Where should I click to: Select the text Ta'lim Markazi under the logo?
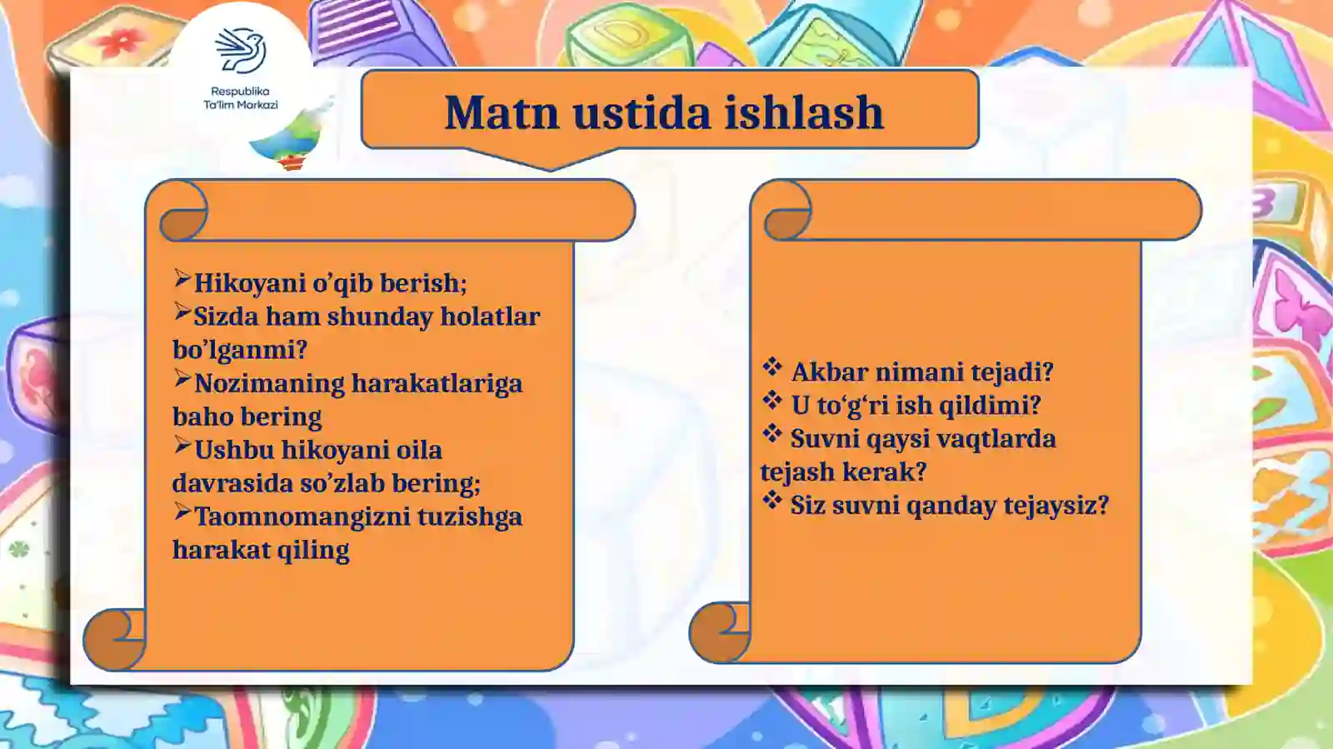(x=241, y=105)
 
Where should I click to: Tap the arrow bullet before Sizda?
(x=182, y=313)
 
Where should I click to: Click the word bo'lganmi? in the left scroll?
(x=240, y=350)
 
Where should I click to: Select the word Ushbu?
(x=234, y=450)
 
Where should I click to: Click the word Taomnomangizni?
(x=301, y=517)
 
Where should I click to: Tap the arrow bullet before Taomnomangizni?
(x=182, y=513)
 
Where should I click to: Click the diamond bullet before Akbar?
(x=772, y=367)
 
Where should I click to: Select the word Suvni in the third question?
(x=824, y=438)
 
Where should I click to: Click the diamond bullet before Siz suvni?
(x=772, y=501)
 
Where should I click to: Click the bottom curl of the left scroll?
(x=114, y=639)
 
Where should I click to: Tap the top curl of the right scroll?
(x=786, y=212)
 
